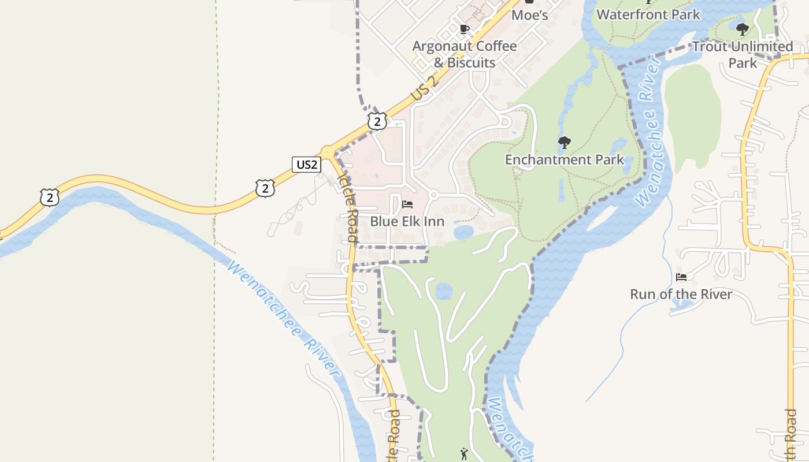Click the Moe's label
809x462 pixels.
[530, 14]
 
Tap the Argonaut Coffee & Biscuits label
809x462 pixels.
[465, 54]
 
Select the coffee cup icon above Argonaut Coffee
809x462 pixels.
[464, 29]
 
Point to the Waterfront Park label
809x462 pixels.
[648, 14]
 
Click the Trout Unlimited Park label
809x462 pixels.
[743, 54]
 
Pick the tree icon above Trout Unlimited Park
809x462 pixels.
[743, 29]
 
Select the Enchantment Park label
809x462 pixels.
[565, 159]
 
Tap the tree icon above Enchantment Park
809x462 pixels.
[565, 142]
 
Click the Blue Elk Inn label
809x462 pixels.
[407, 221]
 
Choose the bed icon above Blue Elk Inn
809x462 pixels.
[407, 204]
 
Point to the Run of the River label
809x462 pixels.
[681, 294]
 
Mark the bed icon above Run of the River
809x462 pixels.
[681, 277]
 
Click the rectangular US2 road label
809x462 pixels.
[306, 165]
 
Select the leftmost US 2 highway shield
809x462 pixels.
[50, 197]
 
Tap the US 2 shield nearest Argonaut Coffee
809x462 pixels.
[377, 121]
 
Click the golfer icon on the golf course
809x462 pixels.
[463, 454]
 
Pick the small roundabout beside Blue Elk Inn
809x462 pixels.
[433, 194]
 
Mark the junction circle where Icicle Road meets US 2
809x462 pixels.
[328, 152]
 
